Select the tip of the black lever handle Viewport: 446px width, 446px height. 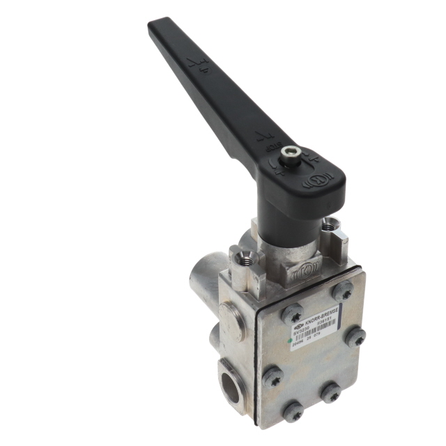pyautogui.click(x=157, y=26)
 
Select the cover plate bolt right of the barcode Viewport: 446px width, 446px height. pyautogui.click(x=355, y=337)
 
